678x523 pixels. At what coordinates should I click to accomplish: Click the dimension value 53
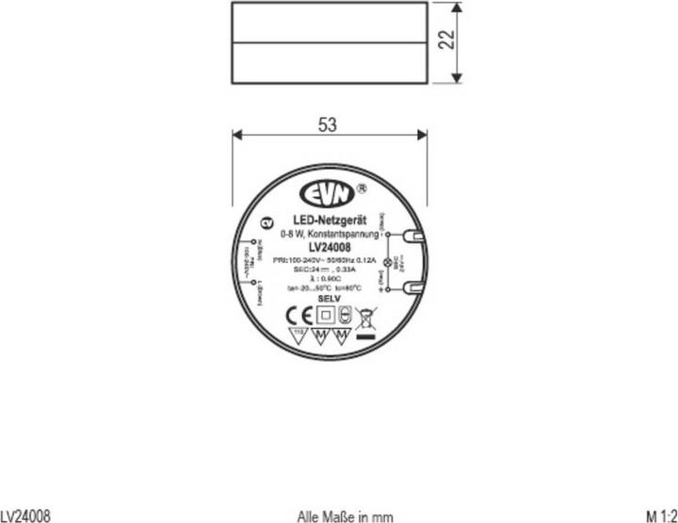327,124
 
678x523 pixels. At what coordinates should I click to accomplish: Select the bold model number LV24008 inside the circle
323,247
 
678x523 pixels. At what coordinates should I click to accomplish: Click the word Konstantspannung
349,233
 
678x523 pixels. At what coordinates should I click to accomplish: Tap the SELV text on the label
329,298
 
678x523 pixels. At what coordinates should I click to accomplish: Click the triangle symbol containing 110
300,336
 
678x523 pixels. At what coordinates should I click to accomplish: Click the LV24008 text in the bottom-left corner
25,515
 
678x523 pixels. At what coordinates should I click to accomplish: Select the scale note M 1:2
661,515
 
